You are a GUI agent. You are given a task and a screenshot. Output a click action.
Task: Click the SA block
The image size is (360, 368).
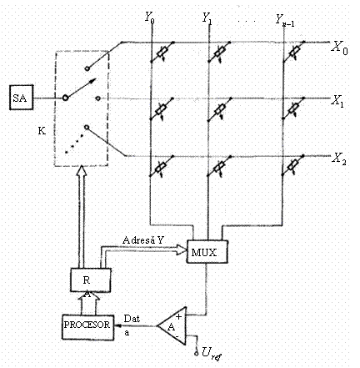point(22,98)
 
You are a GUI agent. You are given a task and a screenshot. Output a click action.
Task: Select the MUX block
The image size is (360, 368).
point(207,252)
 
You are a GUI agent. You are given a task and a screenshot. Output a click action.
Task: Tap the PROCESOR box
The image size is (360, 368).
point(87,327)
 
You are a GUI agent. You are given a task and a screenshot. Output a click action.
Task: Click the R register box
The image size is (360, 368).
point(91,280)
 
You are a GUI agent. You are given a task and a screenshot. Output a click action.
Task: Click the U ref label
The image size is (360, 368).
point(212,353)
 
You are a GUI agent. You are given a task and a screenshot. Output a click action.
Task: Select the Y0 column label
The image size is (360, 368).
point(150,18)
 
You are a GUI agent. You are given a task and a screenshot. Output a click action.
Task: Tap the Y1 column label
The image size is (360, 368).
point(207,18)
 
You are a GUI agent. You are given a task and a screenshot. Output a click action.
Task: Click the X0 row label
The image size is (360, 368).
point(339,48)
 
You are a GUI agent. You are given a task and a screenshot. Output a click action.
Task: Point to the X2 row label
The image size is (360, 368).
point(339,159)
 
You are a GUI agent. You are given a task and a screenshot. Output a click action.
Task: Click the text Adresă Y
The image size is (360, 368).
point(143,240)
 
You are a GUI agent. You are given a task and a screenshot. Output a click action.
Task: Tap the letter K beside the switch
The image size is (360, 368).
point(42,131)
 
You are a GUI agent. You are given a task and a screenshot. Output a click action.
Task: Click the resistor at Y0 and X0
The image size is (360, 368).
point(162,52)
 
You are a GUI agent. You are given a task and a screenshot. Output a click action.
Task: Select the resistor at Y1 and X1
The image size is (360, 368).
point(220,109)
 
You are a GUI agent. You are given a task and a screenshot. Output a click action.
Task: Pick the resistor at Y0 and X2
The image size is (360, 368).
point(161,166)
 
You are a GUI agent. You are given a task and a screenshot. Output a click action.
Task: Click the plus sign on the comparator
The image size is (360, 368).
point(178,316)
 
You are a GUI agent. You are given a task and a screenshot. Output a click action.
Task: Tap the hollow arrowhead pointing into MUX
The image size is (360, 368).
point(181,250)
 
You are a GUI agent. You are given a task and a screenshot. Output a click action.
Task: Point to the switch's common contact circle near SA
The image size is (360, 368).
point(65,98)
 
